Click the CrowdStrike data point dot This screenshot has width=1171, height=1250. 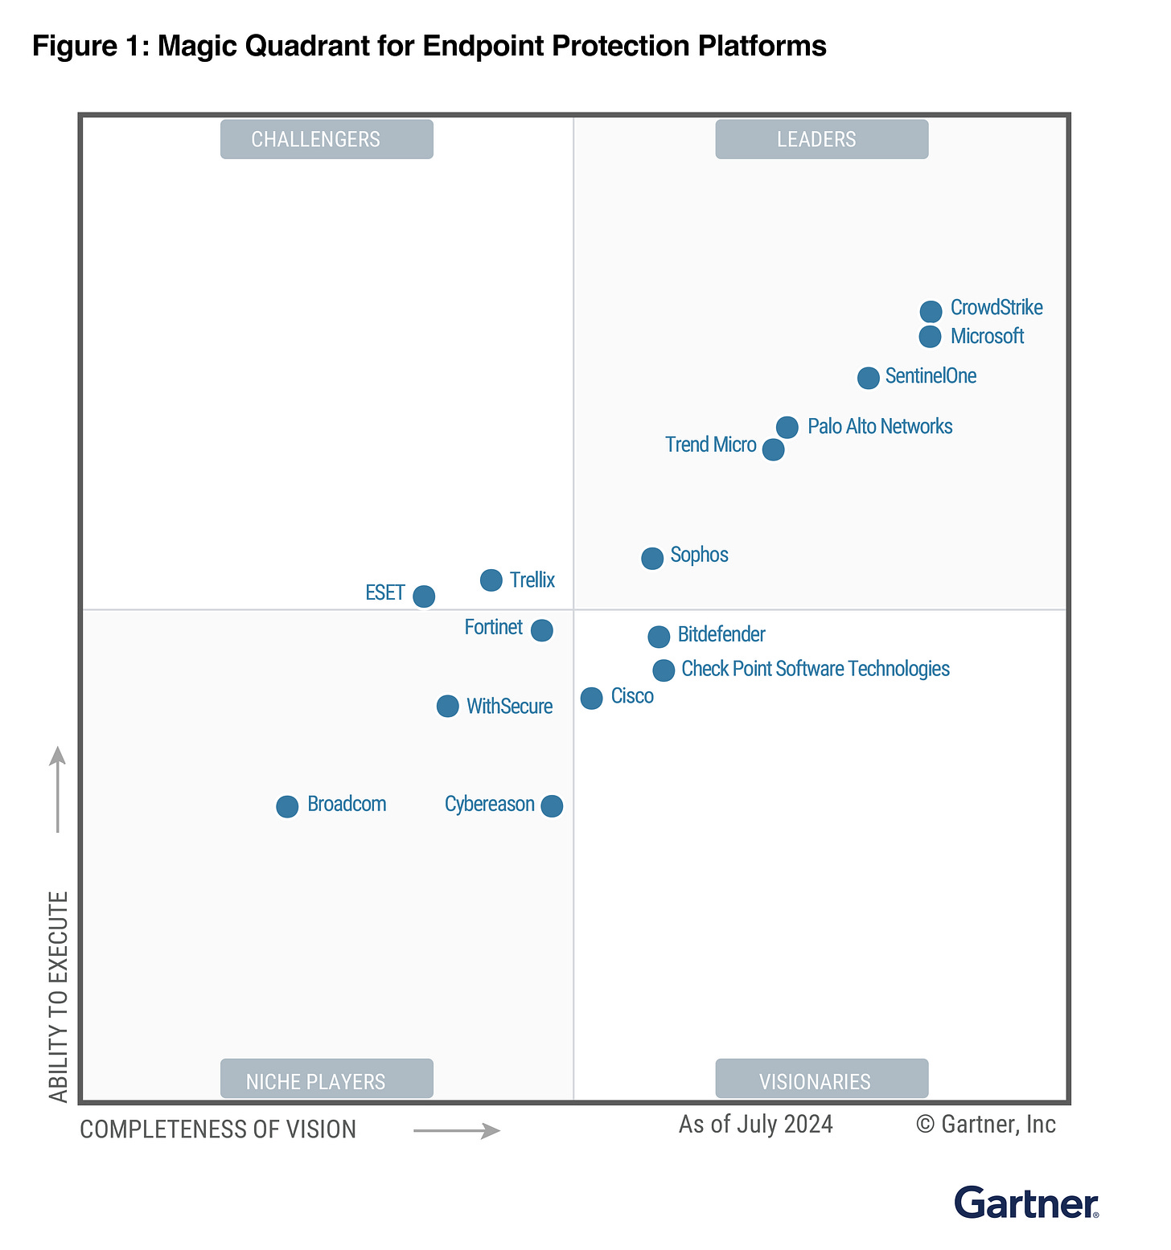(931, 311)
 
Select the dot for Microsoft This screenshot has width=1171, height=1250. (930, 337)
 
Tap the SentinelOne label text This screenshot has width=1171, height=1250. (931, 376)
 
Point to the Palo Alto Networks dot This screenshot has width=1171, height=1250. (787, 427)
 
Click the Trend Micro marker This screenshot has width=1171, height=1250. (773, 449)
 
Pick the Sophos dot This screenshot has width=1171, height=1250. (652, 558)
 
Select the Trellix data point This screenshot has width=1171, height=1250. (491, 580)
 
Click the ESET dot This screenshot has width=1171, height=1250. (424, 596)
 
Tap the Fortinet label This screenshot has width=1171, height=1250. (493, 627)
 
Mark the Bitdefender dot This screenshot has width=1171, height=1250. (659, 637)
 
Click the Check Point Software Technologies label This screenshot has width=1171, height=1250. (815, 669)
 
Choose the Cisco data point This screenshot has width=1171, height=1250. (591, 698)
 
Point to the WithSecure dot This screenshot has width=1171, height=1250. (447, 707)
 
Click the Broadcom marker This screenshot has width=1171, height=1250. (287, 806)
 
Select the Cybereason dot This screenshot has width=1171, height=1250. (552, 805)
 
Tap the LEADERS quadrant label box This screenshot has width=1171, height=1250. (821, 139)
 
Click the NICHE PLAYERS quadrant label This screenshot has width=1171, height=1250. (327, 1080)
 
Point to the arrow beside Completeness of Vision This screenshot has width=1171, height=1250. (457, 1131)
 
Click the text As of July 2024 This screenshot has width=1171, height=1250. (755, 1124)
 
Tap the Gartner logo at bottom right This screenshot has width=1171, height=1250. (1026, 1203)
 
